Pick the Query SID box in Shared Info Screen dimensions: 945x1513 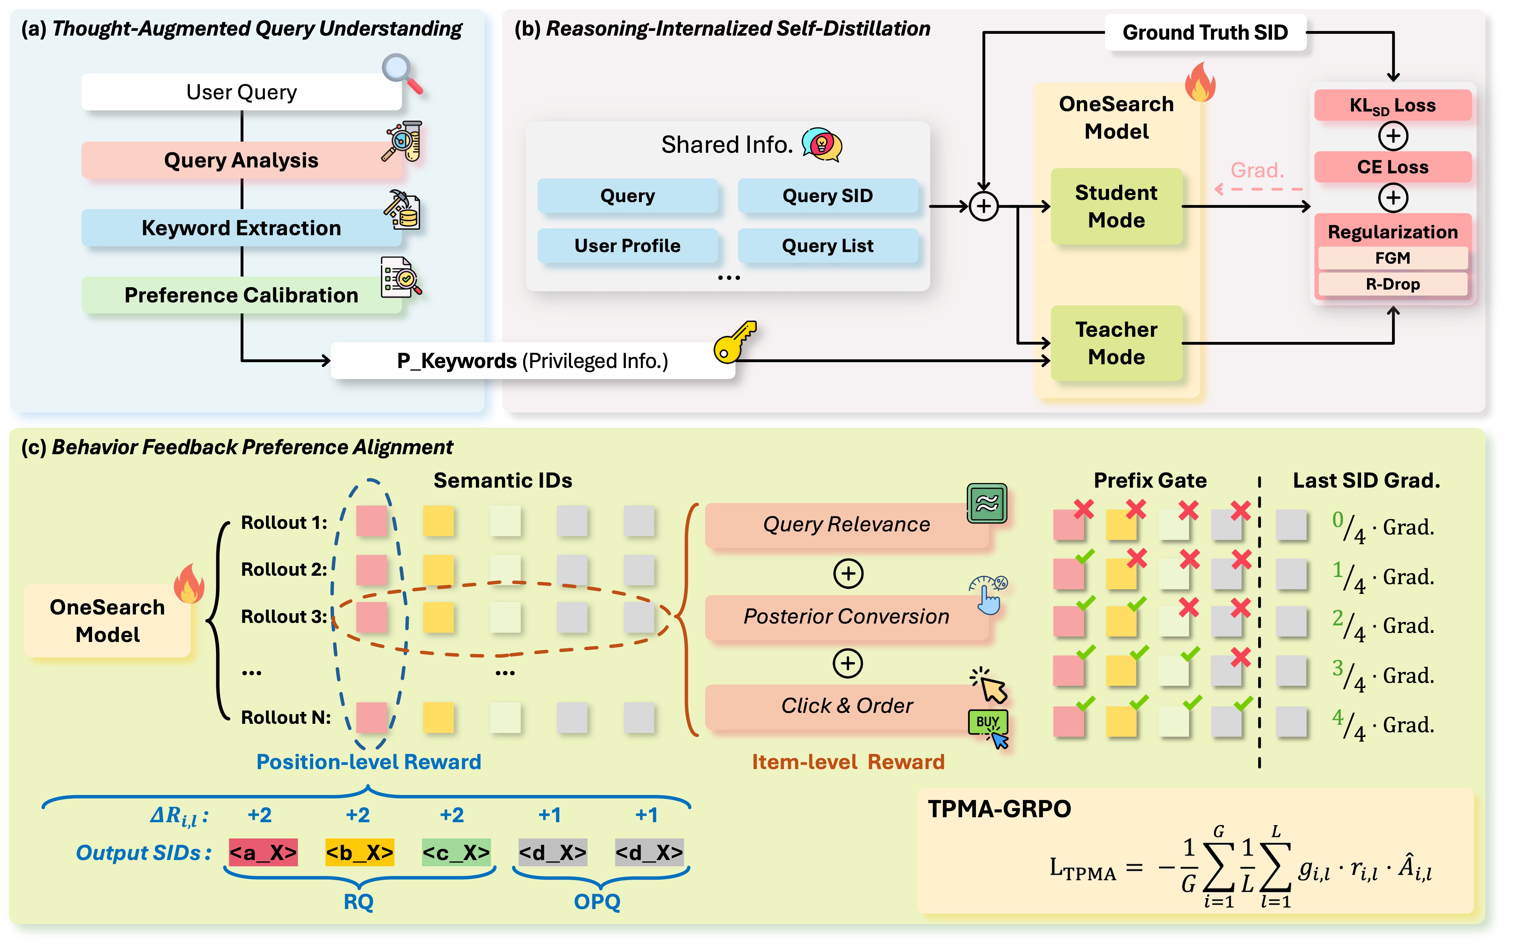click(x=827, y=196)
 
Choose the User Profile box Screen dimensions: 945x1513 click(x=627, y=246)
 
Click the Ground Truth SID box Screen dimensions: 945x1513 click(x=1205, y=32)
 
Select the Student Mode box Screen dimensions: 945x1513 click(x=1116, y=206)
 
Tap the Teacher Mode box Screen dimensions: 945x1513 click(x=1116, y=343)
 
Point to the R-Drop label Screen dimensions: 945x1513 click(x=1392, y=284)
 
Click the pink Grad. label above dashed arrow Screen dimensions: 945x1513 click(x=1257, y=170)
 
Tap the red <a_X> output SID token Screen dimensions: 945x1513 click(x=263, y=853)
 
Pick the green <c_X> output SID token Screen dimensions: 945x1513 click(x=456, y=853)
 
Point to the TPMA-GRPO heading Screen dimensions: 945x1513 click(x=999, y=809)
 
